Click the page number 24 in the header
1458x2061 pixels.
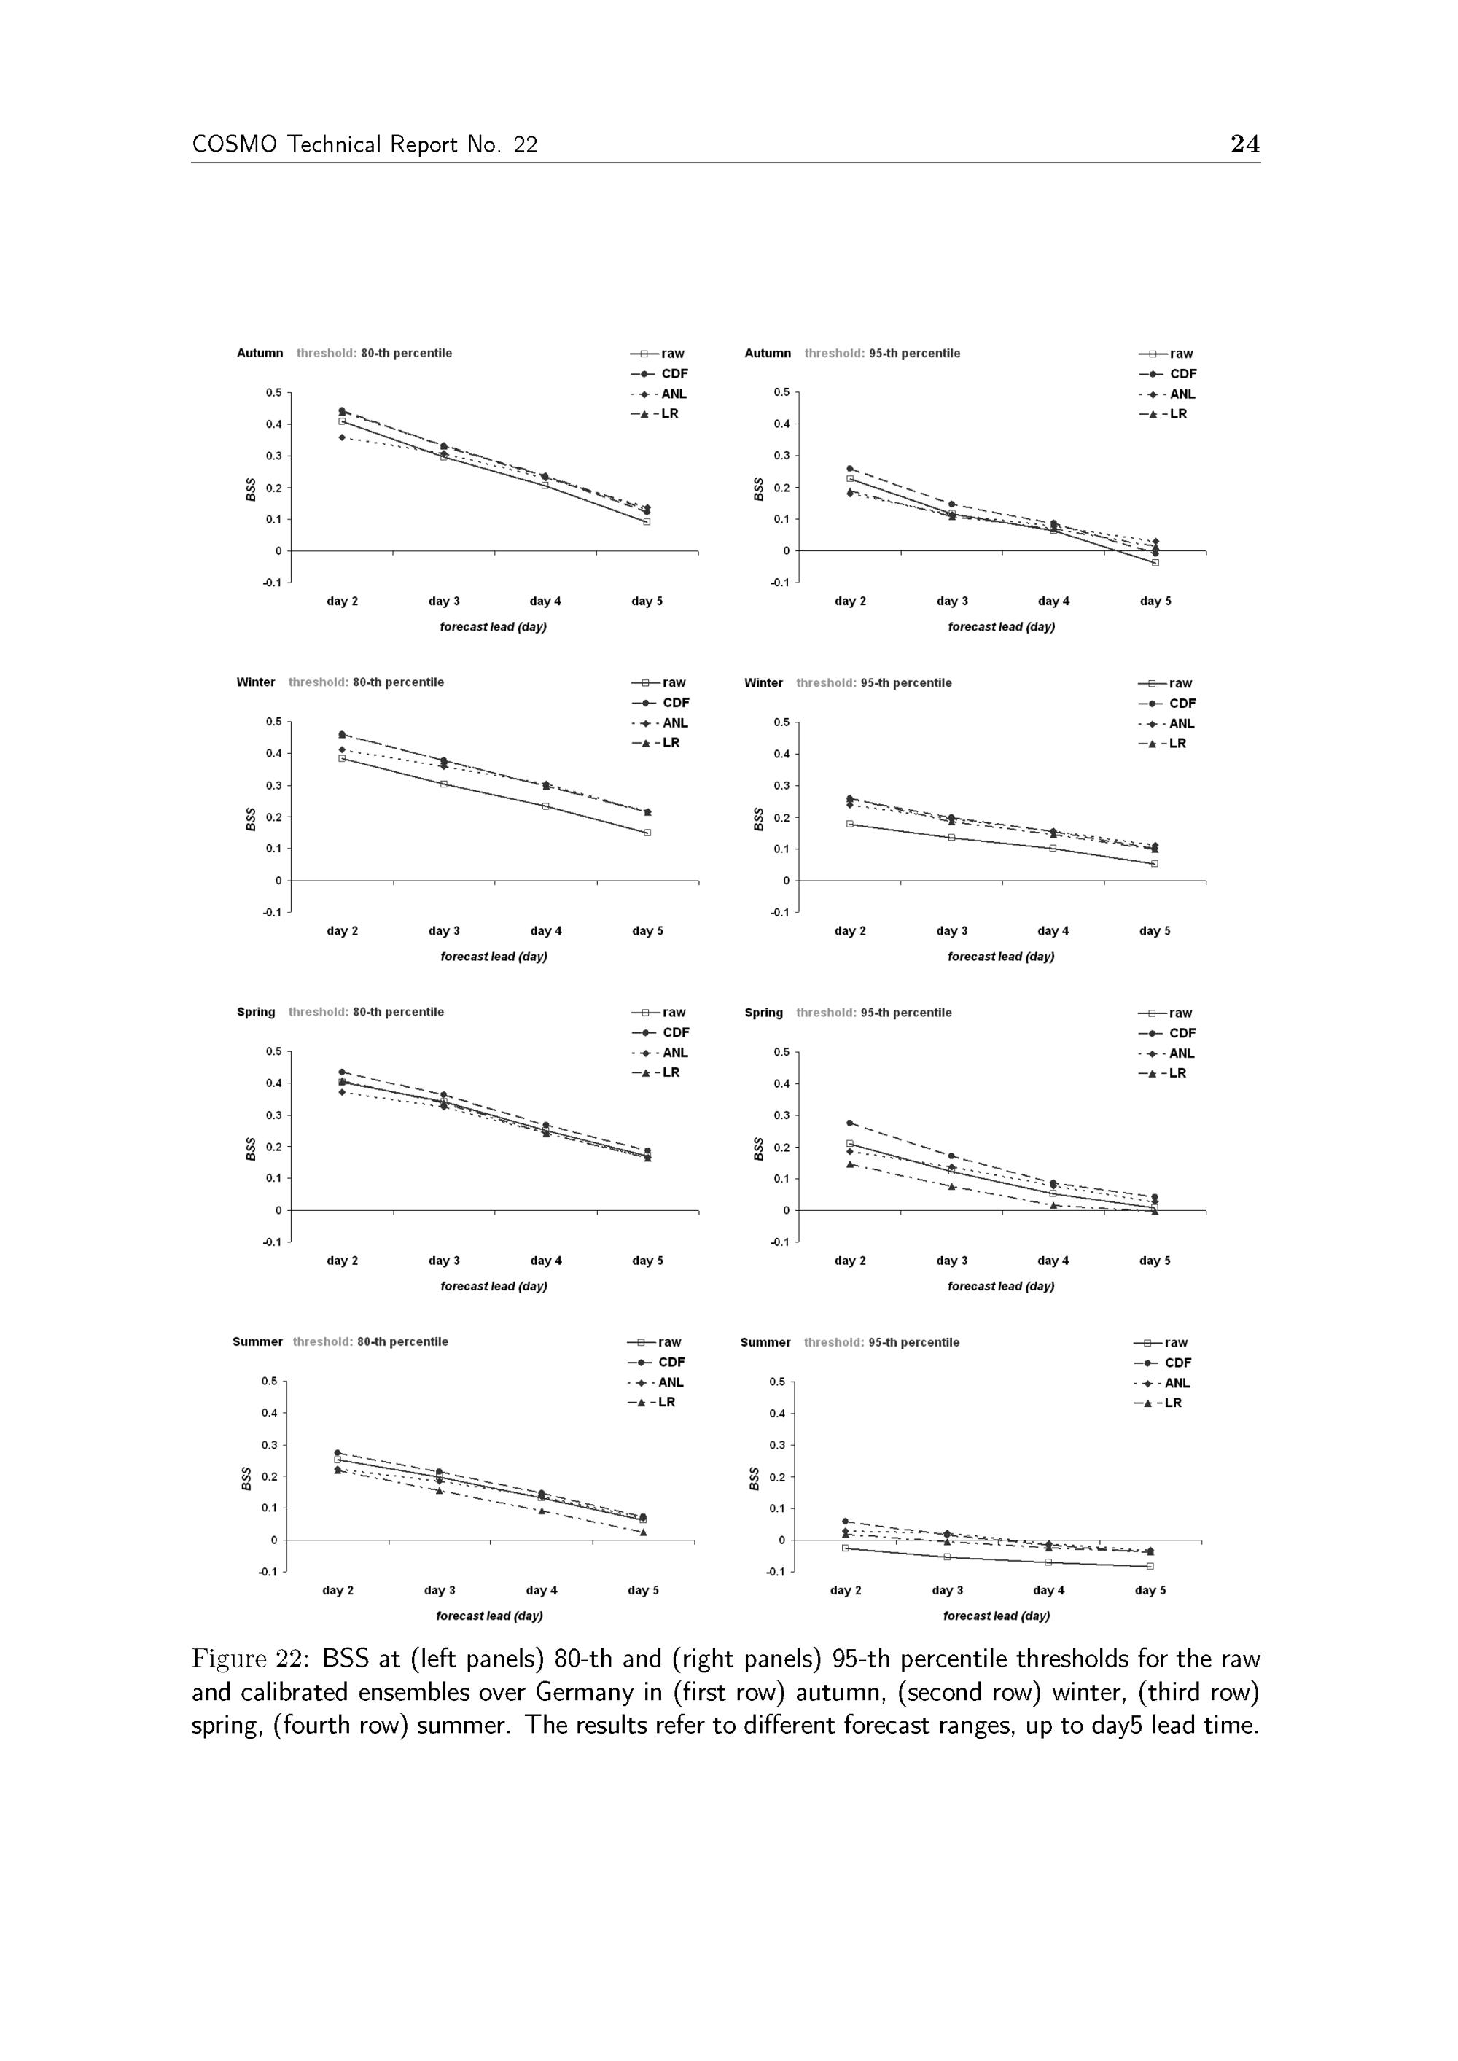1244,144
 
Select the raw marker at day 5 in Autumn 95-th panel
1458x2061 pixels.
1155,563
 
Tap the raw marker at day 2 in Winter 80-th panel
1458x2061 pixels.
342,758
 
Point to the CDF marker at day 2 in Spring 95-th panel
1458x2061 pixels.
850,1123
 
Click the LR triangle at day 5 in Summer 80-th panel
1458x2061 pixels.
643,1532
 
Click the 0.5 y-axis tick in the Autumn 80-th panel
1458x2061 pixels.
273,392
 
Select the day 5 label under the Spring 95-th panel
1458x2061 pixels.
1155,1261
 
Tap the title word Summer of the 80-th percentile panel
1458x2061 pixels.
257,1342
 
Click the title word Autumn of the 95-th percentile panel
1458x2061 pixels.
768,354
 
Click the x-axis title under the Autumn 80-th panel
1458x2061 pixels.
493,626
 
